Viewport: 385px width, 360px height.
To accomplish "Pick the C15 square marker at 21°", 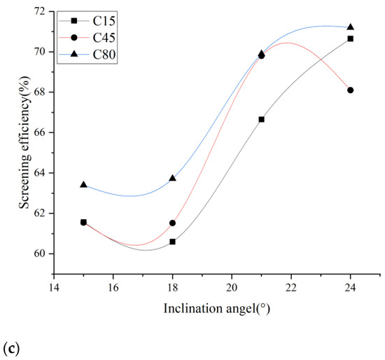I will pyautogui.click(x=261, y=119).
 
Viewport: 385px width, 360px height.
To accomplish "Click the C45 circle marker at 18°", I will pyautogui.click(x=172, y=223).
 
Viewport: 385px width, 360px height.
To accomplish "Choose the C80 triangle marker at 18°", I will pyautogui.click(x=172, y=179).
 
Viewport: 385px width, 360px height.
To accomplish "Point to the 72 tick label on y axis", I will pyautogui.click(x=43, y=11).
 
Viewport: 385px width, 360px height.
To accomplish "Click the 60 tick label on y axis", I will pyautogui.click(x=43, y=254).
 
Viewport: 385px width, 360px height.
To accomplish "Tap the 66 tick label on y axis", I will pyautogui.click(x=43, y=132).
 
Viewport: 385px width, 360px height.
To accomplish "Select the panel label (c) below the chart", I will pyautogui.click(x=9, y=347).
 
